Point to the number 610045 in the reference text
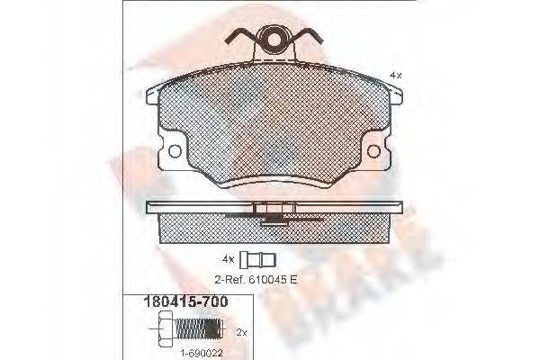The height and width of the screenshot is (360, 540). coord(271,280)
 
